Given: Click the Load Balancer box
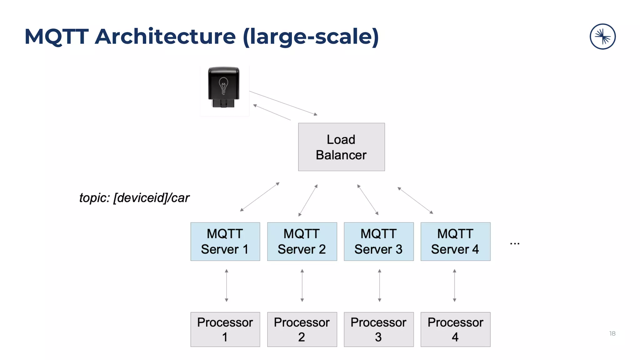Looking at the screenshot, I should tap(341, 147).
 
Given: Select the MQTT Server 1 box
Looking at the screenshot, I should tap(225, 242).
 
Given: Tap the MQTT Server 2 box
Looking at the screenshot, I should tap(302, 242).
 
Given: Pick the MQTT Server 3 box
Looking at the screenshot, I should tap(378, 242).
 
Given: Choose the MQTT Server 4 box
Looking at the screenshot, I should tap(455, 242).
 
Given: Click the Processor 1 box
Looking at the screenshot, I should tap(225, 329).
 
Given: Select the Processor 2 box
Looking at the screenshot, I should tap(302, 329).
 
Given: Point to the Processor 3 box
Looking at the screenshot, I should tap(378, 329).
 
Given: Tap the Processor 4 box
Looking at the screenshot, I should tap(455, 329).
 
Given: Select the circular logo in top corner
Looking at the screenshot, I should tap(602, 37).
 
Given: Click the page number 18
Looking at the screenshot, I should tap(612, 333).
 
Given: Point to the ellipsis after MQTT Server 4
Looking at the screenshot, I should tap(514, 243).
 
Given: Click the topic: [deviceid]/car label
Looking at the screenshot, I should tap(134, 198).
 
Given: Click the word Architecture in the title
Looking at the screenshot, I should tap(165, 37).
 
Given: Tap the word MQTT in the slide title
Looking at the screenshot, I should tap(57, 37).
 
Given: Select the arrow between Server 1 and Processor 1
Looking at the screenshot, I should tap(227, 285).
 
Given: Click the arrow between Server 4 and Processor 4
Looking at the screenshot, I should tap(454, 285).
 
